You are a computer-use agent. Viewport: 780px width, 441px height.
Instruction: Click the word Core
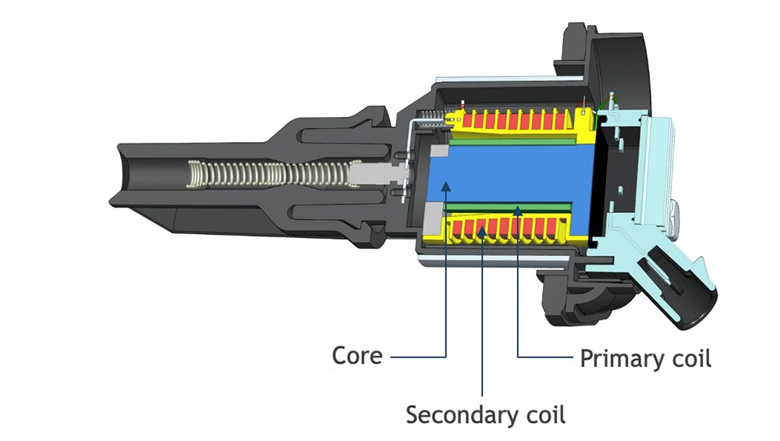tap(357, 356)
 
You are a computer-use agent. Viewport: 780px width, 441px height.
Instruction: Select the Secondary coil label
tap(485, 414)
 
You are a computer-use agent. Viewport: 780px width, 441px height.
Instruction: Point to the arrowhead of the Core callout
tap(445, 186)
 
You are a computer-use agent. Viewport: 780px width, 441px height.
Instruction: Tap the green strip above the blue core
tap(515, 141)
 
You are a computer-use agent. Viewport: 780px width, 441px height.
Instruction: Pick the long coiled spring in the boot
tap(265, 174)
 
